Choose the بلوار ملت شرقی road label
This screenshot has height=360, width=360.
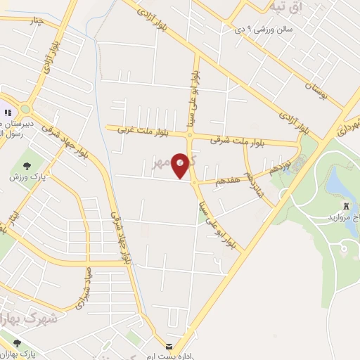point(236,140)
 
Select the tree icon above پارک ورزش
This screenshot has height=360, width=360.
point(27,166)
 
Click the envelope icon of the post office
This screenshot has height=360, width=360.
point(169,347)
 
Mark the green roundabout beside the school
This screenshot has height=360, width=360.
point(26,110)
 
